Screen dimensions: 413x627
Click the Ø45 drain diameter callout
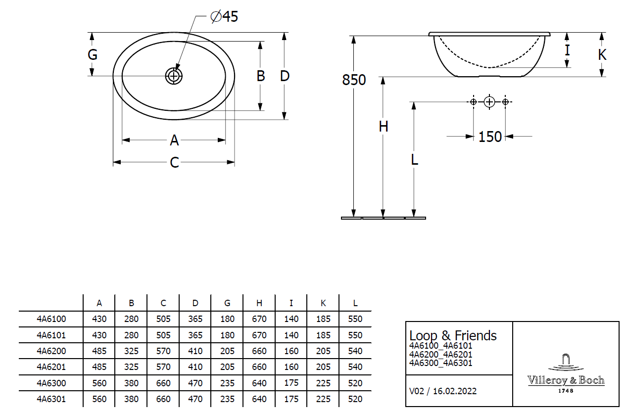click(224, 17)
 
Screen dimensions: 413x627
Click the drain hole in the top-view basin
click(174, 76)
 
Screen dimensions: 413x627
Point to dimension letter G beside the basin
click(93, 54)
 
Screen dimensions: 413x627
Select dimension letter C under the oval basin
click(174, 162)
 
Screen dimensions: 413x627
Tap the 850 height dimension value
click(354, 80)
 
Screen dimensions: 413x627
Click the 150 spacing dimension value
click(490, 137)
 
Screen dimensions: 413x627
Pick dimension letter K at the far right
click(602, 54)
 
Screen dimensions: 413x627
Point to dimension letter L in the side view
click(415, 159)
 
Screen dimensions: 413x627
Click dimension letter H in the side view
click(383, 127)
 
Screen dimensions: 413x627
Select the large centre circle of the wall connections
click(489, 102)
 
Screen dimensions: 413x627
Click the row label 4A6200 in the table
click(51, 351)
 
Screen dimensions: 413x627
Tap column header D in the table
click(195, 303)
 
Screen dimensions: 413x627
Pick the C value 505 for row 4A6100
click(163, 319)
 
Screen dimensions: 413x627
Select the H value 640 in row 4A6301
click(259, 399)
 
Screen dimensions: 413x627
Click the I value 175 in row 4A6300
click(291, 383)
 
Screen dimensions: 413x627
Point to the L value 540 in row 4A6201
click(355, 367)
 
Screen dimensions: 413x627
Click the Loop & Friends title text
click(453, 335)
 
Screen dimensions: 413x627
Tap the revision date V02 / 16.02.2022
click(443, 391)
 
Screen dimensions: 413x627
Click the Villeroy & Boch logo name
click(566, 380)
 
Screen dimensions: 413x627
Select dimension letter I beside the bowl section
click(567, 50)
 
